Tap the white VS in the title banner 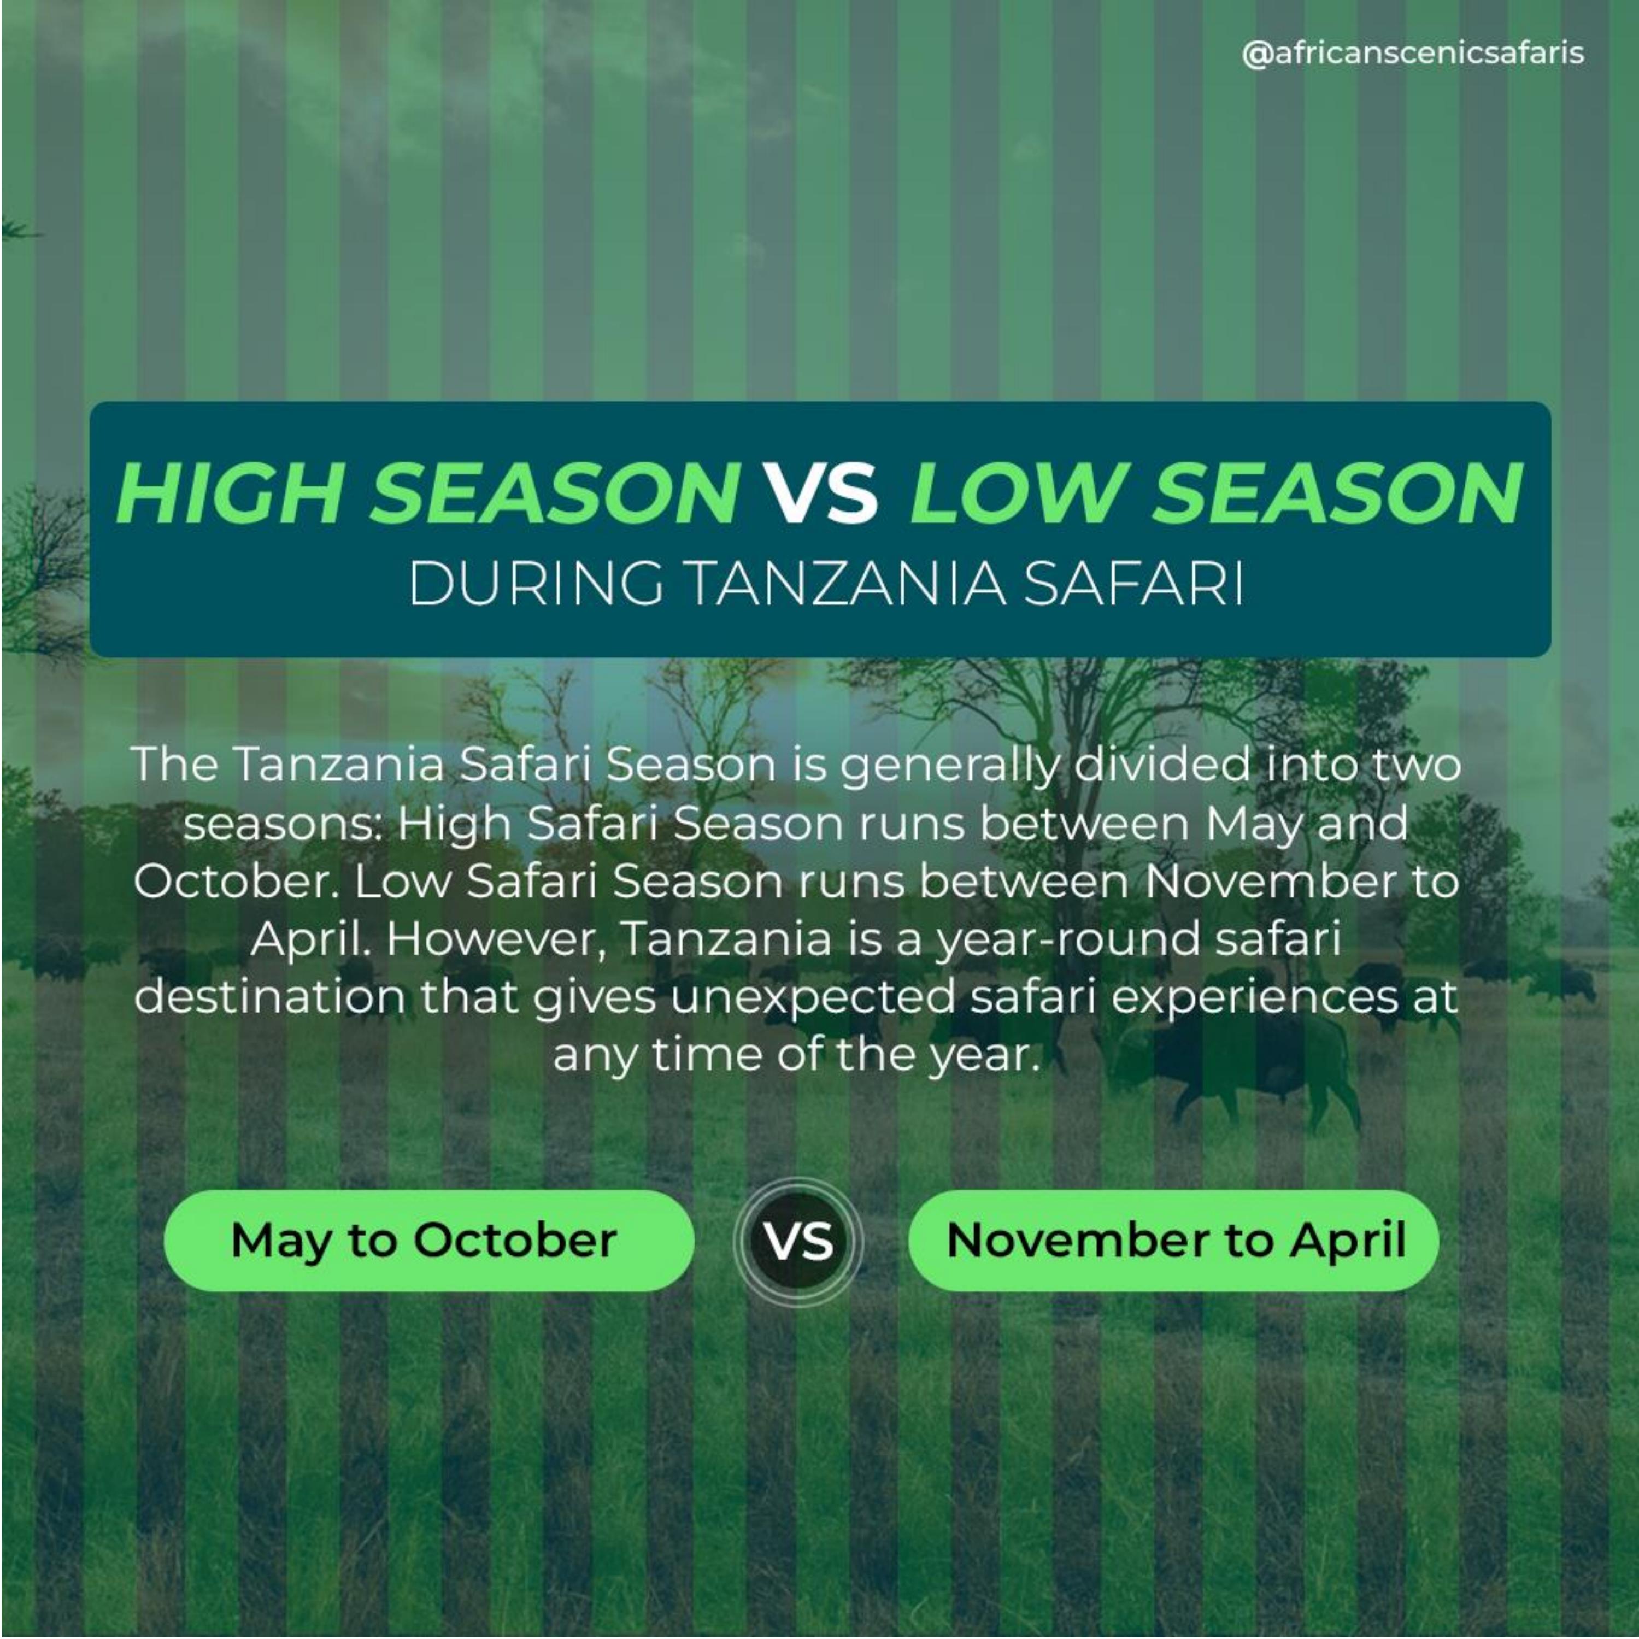tap(823, 493)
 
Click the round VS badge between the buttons tap(798, 1240)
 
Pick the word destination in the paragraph tap(269, 997)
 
